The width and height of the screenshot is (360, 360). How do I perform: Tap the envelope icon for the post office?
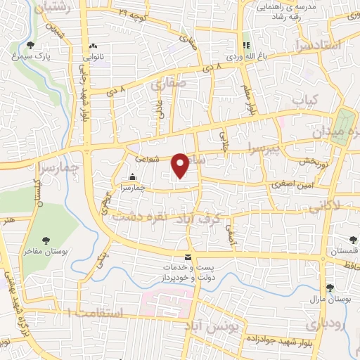187,257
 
